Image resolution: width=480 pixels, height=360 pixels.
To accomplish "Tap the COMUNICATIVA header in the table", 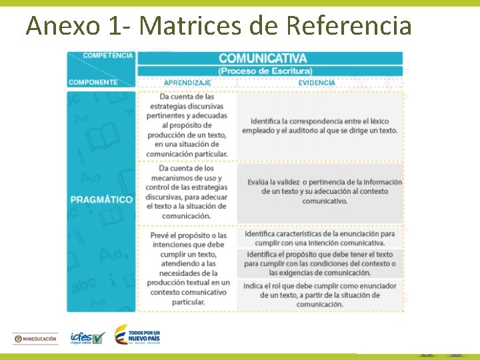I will [x=263, y=59].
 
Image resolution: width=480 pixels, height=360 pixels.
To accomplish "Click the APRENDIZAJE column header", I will [x=187, y=83].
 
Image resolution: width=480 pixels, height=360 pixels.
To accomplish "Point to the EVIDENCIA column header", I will [x=317, y=83].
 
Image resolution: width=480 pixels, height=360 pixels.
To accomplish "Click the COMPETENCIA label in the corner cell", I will [x=108, y=55].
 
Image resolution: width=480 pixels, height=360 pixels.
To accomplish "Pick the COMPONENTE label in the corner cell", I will [x=93, y=83].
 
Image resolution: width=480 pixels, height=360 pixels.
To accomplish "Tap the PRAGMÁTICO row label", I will [x=102, y=199].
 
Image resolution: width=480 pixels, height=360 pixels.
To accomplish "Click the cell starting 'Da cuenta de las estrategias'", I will [x=188, y=125].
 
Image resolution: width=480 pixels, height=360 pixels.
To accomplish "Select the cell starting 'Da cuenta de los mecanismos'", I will [x=187, y=192].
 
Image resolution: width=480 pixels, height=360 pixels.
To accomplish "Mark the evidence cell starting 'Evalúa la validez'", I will [x=324, y=191].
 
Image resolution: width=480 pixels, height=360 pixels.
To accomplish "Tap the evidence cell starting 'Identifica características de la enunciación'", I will [x=320, y=238].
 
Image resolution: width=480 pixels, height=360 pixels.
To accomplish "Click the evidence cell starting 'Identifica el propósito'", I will [x=320, y=263].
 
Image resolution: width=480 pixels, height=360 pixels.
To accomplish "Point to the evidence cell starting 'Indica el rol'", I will [x=320, y=295].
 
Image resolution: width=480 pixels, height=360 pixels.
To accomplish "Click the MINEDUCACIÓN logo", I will [x=36, y=339].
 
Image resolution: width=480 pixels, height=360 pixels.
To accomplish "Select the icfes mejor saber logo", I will [x=87, y=338].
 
